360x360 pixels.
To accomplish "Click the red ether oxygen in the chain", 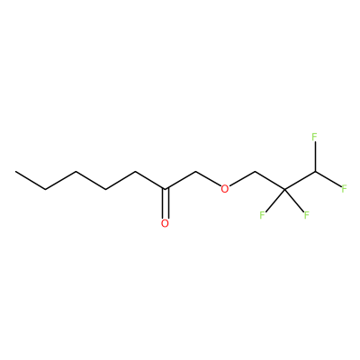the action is point(224,189).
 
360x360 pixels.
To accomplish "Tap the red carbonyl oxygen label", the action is point(165,223).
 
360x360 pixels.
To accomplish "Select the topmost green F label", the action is point(314,137).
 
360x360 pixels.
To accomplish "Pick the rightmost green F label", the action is point(344,189).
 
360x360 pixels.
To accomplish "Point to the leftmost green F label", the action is point(262,215).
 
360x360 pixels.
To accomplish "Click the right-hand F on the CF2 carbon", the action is point(306,215).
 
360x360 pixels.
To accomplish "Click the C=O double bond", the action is point(165,203).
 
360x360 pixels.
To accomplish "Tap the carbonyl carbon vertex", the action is point(165,189).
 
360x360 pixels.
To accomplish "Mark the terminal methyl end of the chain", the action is point(15,172).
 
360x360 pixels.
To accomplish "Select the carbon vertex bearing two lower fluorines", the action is point(284,189).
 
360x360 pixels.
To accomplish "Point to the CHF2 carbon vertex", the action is point(315,172).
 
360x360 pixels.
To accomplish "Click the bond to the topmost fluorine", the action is point(315,157).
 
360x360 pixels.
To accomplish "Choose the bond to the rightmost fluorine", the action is point(328,179).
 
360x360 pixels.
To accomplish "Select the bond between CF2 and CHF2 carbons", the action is point(300,180).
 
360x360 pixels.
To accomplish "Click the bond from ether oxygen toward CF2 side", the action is point(242,179).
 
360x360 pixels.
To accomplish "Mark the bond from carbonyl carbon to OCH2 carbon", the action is point(180,180).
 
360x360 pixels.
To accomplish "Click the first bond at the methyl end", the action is point(31,180).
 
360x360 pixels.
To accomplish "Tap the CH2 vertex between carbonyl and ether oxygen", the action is point(195,172).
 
